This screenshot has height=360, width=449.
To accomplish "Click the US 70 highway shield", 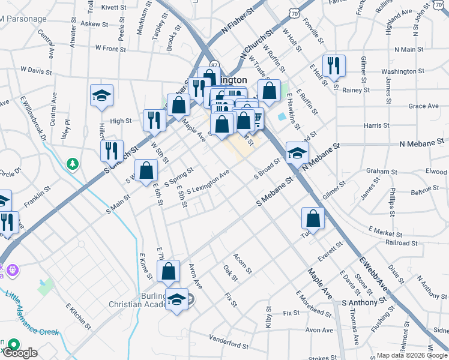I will coord(292,13).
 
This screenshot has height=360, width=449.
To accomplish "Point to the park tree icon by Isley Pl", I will coord(73,163).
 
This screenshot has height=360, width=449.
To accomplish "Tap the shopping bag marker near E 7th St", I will coord(169,271).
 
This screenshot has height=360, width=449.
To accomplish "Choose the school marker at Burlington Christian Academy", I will coord(176,299).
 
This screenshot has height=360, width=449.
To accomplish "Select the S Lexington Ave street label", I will coord(208,182).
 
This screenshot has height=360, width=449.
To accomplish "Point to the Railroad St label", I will coord(401,243).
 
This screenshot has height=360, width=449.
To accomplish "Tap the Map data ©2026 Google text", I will coord(412,355).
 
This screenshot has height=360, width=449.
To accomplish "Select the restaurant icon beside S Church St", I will coord(112,150).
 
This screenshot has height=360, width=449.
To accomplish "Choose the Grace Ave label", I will coord(423,106).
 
